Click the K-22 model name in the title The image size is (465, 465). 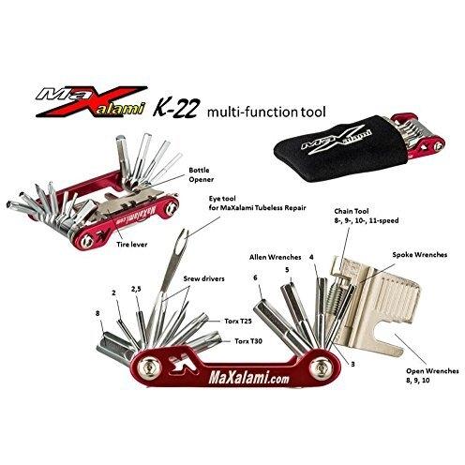pos(175,110)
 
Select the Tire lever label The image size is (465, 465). pos(132,245)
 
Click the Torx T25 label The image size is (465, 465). pos(238,321)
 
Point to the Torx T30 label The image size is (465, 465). pos(248,341)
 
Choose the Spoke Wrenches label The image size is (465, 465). pos(420,255)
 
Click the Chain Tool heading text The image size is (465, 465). pos(352,211)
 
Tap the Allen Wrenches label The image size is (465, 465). pos(276,257)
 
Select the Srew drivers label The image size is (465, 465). pos(203,278)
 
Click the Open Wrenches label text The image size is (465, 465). pos(432,371)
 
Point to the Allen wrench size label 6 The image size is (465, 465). pos(255,277)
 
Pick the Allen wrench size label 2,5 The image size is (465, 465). pos(136,290)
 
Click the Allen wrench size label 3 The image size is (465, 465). pos(352,364)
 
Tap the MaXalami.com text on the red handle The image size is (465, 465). pos(248,379)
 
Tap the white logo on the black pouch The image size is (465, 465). pos(337,138)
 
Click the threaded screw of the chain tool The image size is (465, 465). pos(334,298)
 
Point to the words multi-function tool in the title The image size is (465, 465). pos(266,112)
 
